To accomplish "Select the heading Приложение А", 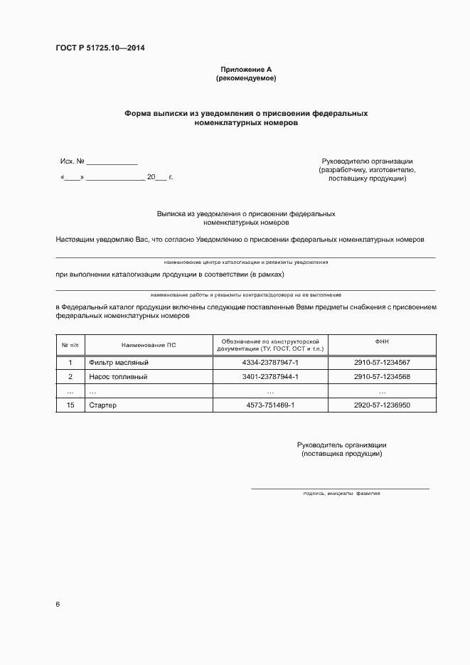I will [x=246, y=69].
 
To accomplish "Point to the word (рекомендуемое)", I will [x=246, y=78].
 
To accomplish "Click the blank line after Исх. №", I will [x=112, y=163].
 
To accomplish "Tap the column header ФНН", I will [x=382, y=342].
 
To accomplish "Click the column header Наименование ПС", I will [x=149, y=345].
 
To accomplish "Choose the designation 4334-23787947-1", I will [x=270, y=363].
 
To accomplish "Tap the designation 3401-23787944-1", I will [x=270, y=377].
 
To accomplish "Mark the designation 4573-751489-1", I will [x=270, y=405].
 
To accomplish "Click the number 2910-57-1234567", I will [x=382, y=363].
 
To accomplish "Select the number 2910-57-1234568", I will [x=382, y=377].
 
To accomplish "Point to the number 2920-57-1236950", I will [x=382, y=405].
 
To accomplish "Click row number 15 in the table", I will [x=70, y=405].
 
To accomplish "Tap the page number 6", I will [x=58, y=604].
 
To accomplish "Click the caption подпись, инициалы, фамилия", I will [x=341, y=493].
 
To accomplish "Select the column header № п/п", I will [x=70, y=345].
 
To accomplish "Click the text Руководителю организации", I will [x=367, y=161].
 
